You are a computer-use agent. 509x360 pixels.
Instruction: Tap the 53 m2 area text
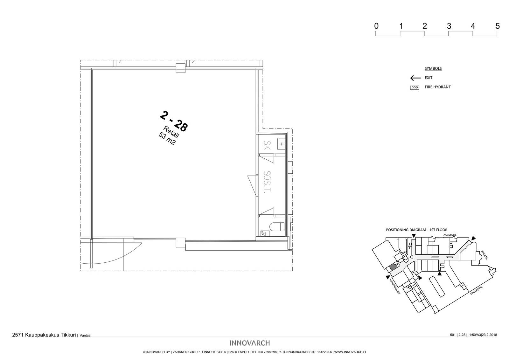click(x=167, y=139)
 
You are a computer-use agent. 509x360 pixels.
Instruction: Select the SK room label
click(x=267, y=145)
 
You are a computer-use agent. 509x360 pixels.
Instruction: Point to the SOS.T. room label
click(x=267, y=182)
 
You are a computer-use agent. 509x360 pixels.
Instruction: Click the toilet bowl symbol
click(x=277, y=226)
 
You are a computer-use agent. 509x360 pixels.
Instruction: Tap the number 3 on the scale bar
click(x=449, y=26)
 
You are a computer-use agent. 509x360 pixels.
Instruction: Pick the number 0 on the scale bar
click(x=377, y=26)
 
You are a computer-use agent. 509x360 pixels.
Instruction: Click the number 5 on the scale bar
click(x=498, y=26)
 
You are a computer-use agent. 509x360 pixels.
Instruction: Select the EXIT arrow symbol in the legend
click(x=415, y=78)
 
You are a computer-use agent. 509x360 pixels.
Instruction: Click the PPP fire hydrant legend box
click(x=415, y=88)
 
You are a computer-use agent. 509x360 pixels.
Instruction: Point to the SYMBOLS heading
click(x=433, y=68)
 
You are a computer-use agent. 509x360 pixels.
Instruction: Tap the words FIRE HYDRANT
click(x=438, y=87)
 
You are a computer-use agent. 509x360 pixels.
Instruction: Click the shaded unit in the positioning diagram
click(x=393, y=267)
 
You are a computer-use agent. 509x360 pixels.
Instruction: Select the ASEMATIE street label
click(x=450, y=235)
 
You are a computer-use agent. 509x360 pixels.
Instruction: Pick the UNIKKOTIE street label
click(x=476, y=290)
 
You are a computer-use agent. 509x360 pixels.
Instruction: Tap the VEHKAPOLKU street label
click(x=395, y=287)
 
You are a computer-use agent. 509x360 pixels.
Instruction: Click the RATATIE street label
click(x=485, y=255)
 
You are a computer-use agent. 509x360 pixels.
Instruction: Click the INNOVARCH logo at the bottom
click(x=249, y=343)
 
